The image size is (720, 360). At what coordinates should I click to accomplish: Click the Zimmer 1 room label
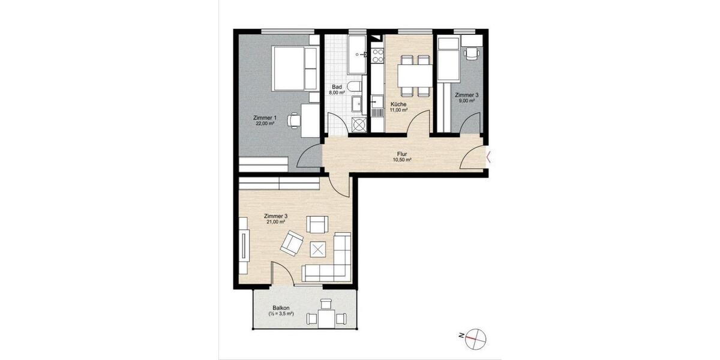coord(265,118)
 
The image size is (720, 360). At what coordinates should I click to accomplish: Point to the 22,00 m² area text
coord(265,124)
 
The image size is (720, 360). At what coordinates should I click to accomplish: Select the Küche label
coord(398,104)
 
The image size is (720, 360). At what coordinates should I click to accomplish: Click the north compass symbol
coord(475,338)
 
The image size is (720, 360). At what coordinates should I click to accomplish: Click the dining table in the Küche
coord(415,75)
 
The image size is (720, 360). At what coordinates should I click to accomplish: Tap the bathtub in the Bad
coord(358,54)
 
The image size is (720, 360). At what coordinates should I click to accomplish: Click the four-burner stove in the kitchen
coord(378,56)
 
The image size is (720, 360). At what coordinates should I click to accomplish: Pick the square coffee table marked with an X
coord(317,248)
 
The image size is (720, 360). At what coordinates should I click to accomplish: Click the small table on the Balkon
coord(326,317)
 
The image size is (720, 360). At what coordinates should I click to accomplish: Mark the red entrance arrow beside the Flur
coord(489,158)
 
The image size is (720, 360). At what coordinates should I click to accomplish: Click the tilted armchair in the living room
coord(292,242)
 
